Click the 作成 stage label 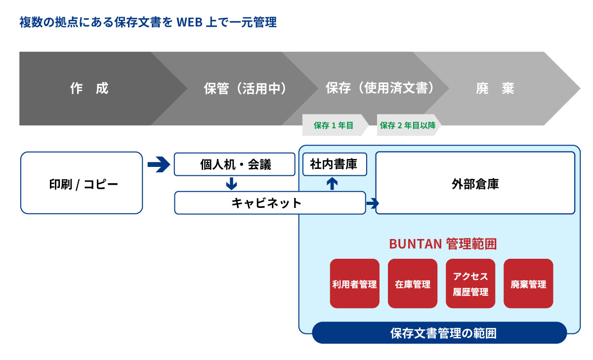tap(89, 88)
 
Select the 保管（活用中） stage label tap(245, 88)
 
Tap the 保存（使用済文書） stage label tap(380, 88)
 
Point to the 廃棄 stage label tap(495, 88)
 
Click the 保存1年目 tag tap(334, 125)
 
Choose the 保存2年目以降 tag tap(408, 125)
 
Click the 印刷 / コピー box tap(82, 183)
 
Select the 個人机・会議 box tap(234, 164)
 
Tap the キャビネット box tap(270, 203)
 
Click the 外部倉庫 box tap(475, 183)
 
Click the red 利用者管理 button tap(354, 284)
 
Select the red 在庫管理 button tap(413, 284)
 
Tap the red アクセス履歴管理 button tap(470, 284)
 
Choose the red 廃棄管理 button tap(528, 284)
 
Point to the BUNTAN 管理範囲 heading tap(442, 244)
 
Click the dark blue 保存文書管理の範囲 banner tap(439, 333)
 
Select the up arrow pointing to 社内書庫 tap(333, 184)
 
